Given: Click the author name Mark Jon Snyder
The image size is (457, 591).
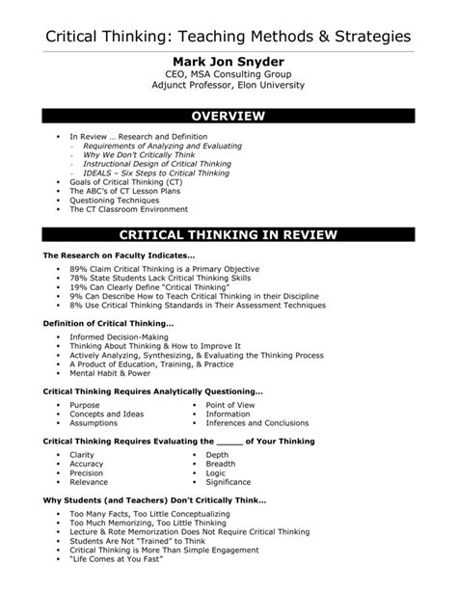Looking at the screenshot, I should pyautogui.click(x=228, y=62).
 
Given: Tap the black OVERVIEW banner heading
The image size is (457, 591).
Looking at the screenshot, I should pyautogui.click(x=228, y=117).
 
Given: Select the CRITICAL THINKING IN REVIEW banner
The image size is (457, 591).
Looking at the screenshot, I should pyautogui.click(x=228, y=233).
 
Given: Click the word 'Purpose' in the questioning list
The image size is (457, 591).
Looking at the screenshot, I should pyautogui.click(x=85, y=406).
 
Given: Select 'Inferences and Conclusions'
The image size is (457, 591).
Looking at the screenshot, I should pyautogui.click(x=256, y=423).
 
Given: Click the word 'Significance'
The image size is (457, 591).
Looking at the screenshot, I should pyautogui.click(x=228, y=482).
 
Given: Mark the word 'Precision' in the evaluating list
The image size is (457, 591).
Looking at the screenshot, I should pyautogui.click(x=87, y=473).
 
